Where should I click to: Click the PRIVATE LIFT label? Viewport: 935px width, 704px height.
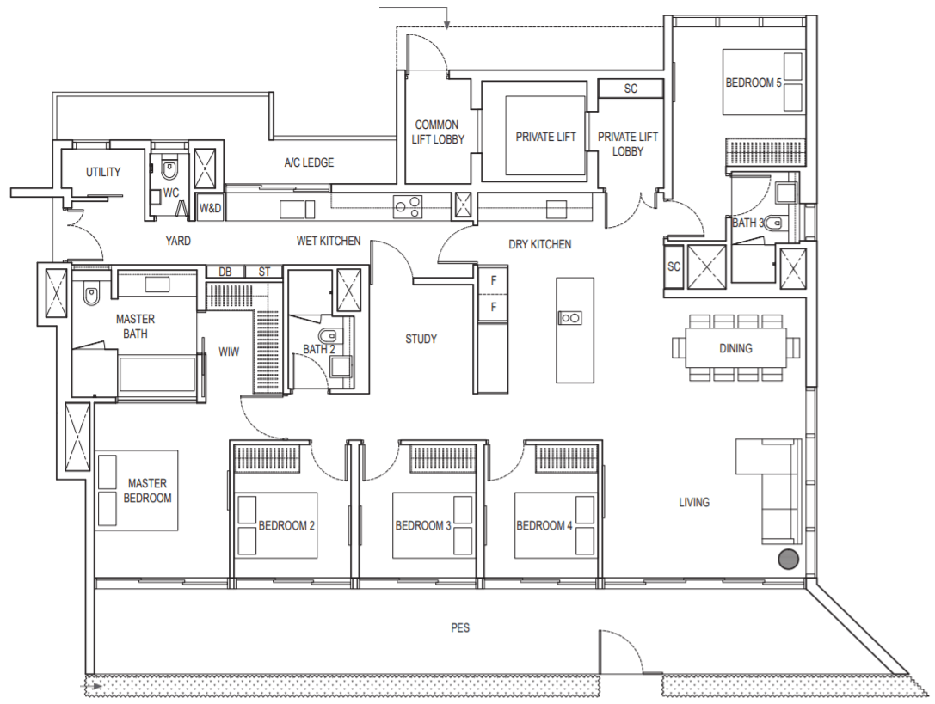[545, 138]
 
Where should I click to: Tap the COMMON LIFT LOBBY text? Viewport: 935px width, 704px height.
[438, 132]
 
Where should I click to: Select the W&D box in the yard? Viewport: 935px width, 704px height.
[210, 208]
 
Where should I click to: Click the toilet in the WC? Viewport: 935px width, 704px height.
[169, 170]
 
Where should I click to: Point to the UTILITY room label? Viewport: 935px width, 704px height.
[103, 172]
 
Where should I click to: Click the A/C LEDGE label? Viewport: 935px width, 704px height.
[309, 162]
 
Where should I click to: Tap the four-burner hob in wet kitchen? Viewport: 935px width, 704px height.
[408, 207]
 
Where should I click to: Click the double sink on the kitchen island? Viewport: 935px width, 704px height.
[570, 318]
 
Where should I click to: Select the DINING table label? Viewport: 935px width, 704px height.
[735, 349]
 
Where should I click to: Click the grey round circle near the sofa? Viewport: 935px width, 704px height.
[788, 559]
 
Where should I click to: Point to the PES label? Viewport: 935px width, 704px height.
[460, 627]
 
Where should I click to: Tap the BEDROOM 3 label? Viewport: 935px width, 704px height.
[423, 526]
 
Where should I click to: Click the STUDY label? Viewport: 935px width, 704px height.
[421, 340]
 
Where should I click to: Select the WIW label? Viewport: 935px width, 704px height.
[229, 352]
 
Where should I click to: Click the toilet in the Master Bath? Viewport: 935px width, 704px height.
[90, 294]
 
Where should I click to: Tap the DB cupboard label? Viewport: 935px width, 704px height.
[225, 272]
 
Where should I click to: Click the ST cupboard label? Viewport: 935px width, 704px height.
[264, 272]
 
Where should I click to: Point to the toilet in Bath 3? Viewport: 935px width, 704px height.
[773, 223]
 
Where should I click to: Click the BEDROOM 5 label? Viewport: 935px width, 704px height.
[754, 83]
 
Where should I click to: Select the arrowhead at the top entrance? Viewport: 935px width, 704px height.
[447, 25]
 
